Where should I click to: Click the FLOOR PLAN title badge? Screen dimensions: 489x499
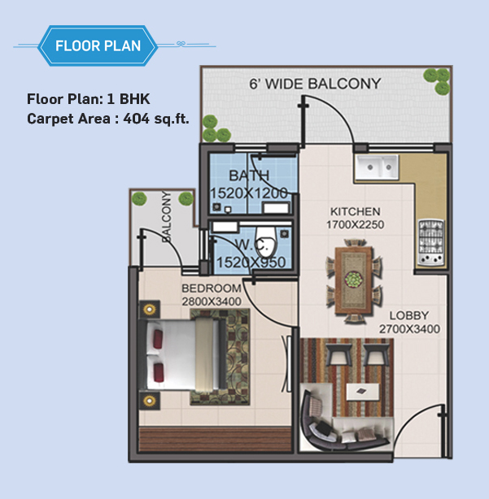coord(98,46)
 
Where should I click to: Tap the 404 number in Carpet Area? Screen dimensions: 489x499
coord(137,119)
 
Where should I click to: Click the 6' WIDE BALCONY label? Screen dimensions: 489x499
coord(315,84)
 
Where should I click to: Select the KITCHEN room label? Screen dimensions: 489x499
coord(356,211)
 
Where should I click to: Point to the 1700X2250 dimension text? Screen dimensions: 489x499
coord(356,224)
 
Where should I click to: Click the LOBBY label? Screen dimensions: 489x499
coord(409,315)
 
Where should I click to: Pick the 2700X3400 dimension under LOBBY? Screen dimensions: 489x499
coord(410,329)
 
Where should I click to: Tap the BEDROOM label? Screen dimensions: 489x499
coord(212,289)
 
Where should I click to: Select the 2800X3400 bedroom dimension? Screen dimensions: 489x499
coord(212,302)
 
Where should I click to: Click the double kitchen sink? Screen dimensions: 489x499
coord(378,167)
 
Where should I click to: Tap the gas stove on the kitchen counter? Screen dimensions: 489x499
coord(431,242)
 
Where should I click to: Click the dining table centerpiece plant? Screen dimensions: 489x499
coord(354,279)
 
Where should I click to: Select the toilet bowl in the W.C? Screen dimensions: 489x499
coord(265,242)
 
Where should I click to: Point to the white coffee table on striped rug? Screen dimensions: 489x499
coord(363,392)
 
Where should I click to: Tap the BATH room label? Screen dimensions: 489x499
coord(249,176)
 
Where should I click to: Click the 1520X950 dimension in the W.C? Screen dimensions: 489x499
coord(251,263)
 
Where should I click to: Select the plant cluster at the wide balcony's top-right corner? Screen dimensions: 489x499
coord(437,80)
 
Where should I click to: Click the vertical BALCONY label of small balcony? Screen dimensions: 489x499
coord(166,217)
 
